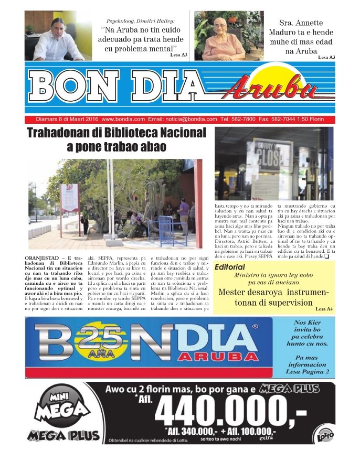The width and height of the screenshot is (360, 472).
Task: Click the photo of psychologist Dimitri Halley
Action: (x=58, y=35)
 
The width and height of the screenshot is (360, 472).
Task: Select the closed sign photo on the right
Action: (x=273, y=164)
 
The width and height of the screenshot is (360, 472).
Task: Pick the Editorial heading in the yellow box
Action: (x=230, y=267)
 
